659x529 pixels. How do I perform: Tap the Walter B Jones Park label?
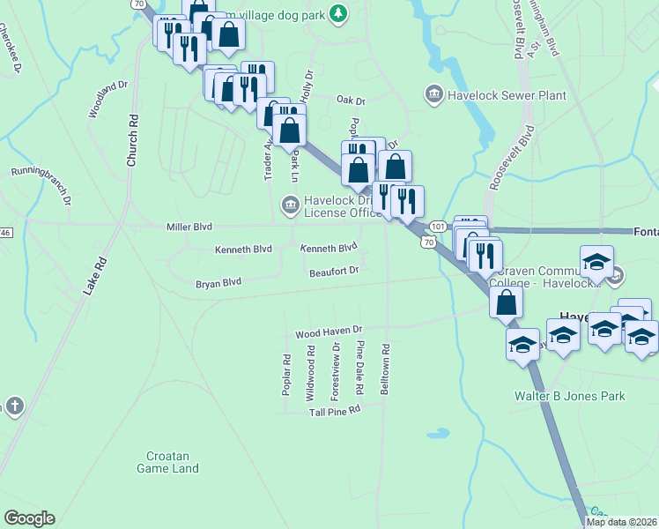tap(570, 396)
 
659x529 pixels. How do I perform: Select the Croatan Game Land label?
tap(167, 463)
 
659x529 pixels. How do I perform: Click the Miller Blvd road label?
tap(189, 227)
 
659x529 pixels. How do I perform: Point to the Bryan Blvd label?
tap(218, 283)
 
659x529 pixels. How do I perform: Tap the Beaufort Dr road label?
tap(334, 272)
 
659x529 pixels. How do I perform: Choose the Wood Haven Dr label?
tap(329, 332)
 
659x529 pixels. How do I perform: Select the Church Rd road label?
tap(132, 140)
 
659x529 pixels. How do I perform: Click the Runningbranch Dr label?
tap(41, 181)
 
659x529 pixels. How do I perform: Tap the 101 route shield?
tap(438, 227)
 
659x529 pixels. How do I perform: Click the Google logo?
tap(29, 518)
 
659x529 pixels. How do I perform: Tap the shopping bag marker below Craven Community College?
tap(507, 302)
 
